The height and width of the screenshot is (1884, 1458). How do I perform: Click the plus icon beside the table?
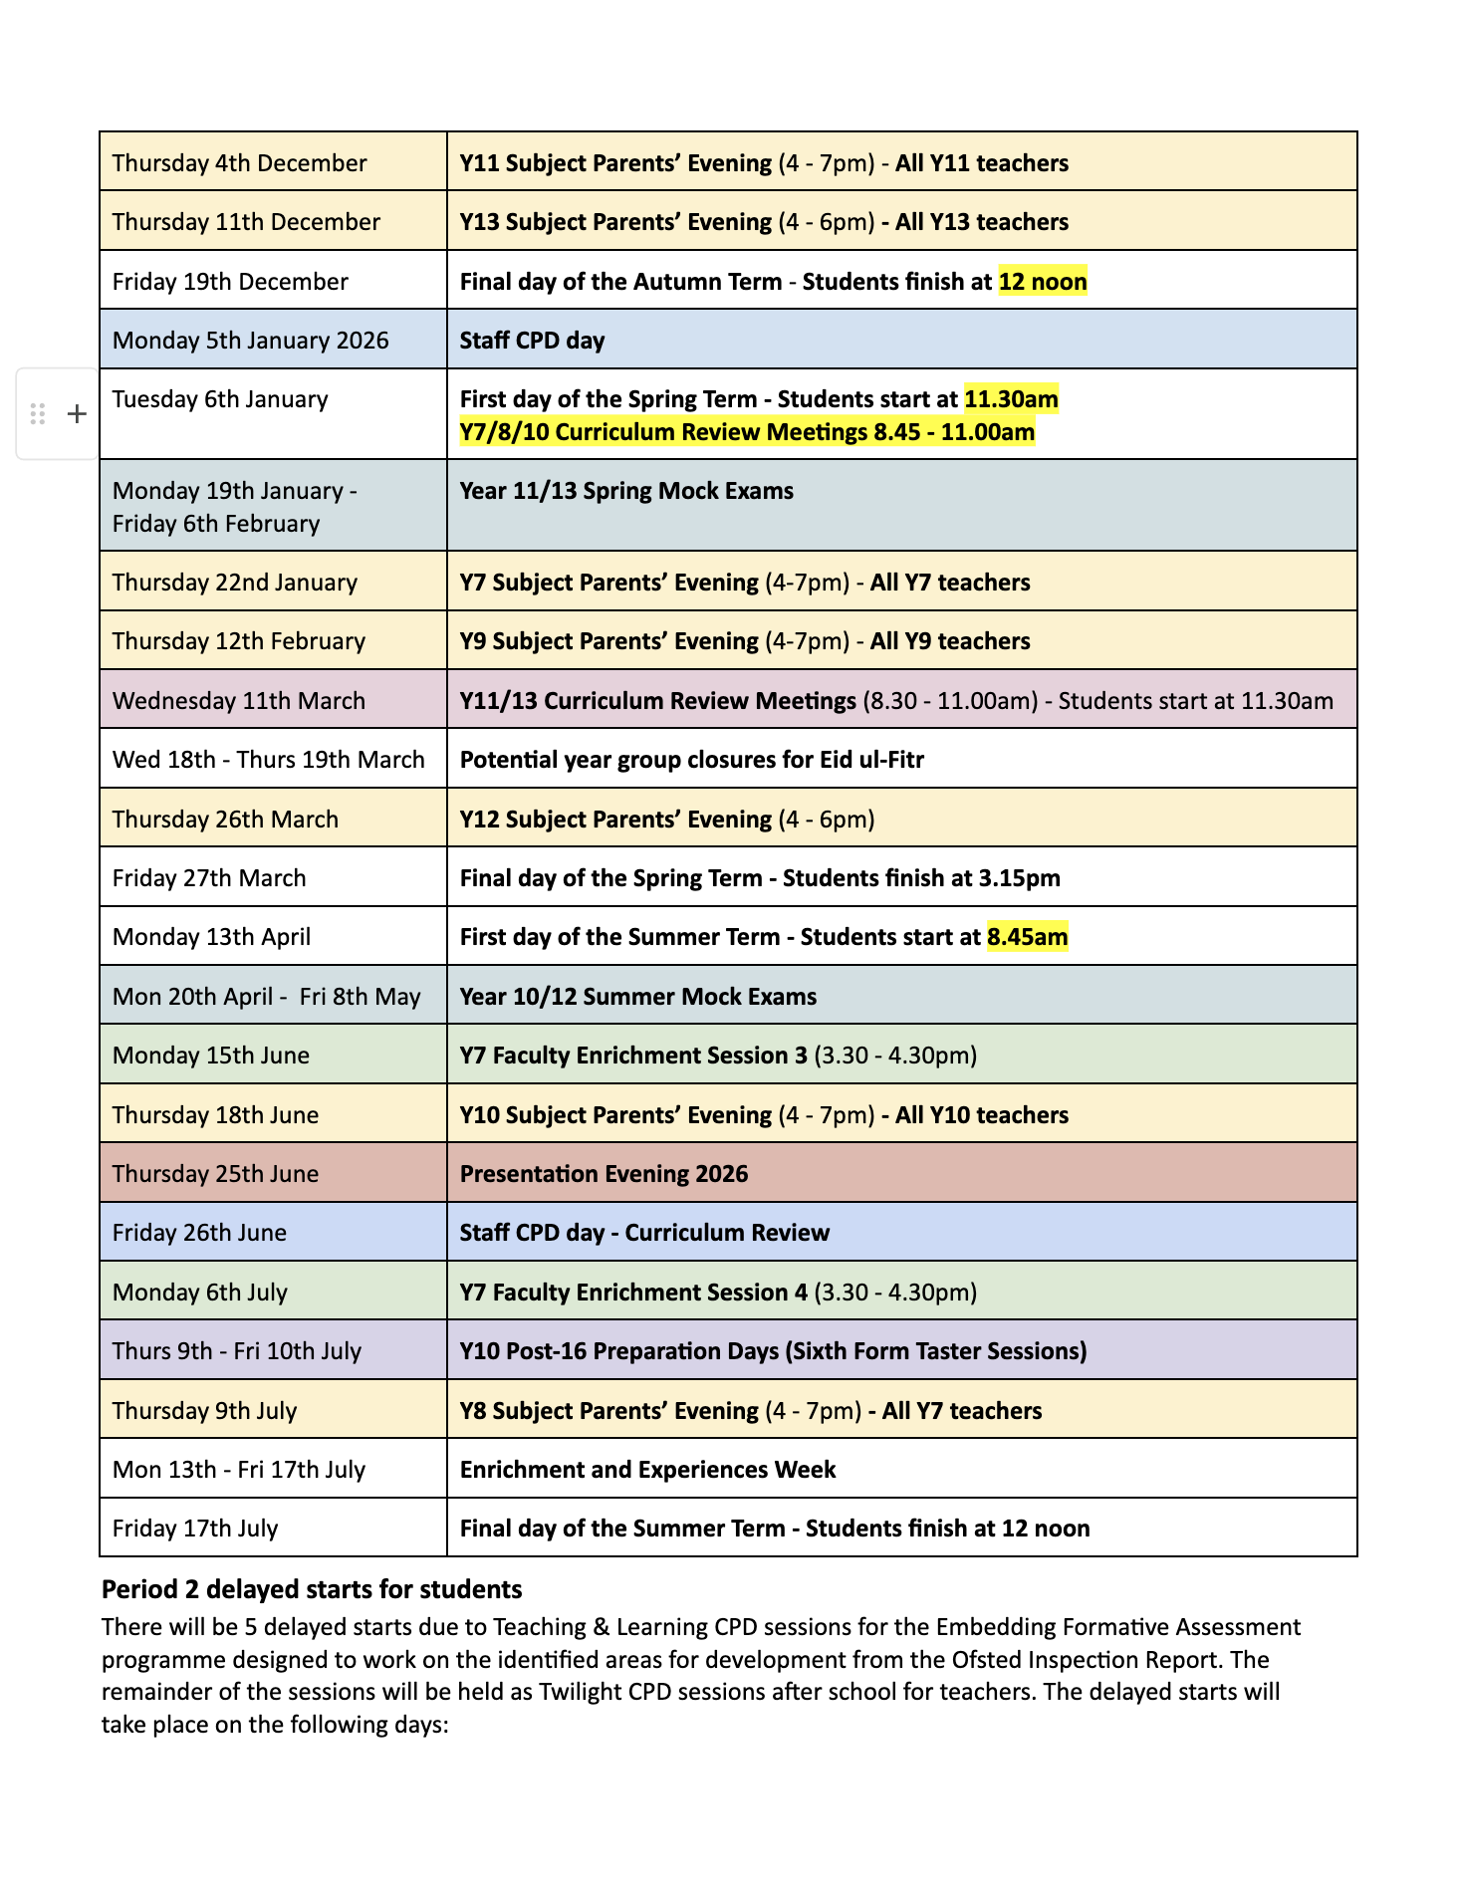(77, 414)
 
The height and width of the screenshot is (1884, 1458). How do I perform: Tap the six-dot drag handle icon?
(38, 414)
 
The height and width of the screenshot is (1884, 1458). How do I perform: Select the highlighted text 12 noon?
(1042, 282)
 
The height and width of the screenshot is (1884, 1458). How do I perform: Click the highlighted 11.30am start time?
(1011, 399)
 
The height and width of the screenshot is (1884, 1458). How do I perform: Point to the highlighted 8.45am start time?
(1027, 937)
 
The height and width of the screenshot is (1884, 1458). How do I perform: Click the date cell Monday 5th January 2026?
(250, 341)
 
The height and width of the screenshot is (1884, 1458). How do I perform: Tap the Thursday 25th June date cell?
(215, 1174)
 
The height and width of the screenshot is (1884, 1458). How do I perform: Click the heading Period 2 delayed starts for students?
(312, 1589)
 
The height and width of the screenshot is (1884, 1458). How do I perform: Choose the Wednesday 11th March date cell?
(239, 701)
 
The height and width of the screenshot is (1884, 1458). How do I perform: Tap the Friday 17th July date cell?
(195, 1529)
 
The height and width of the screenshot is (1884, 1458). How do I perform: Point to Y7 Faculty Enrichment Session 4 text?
(633, 1293)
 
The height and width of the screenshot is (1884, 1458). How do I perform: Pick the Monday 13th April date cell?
(211, 937)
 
